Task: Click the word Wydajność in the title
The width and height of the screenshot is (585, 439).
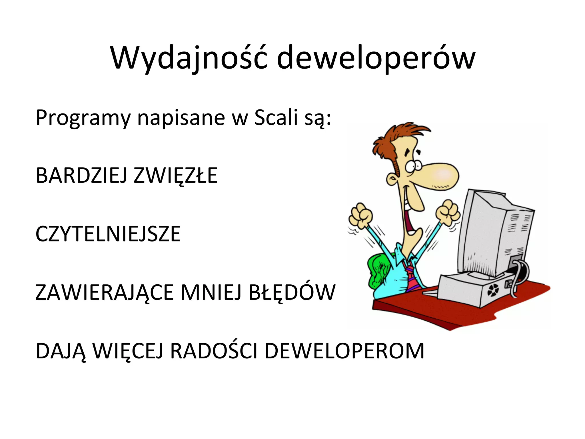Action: tap(189, 58)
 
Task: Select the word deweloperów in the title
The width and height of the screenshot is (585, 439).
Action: tap(376, 58)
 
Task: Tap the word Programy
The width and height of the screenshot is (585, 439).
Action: tap(83, 118)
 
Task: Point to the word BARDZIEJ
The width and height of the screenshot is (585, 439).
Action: tap(81, 175)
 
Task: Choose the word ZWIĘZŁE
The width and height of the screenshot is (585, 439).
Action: tap(175, 175)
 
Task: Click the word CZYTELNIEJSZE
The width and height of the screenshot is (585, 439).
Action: tap(108, 234)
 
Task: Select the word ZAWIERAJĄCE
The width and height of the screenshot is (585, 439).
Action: tap(105, 293)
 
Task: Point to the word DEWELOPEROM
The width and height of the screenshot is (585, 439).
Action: tap(344, 351)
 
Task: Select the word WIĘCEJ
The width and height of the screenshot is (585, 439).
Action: tap(128, 351)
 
